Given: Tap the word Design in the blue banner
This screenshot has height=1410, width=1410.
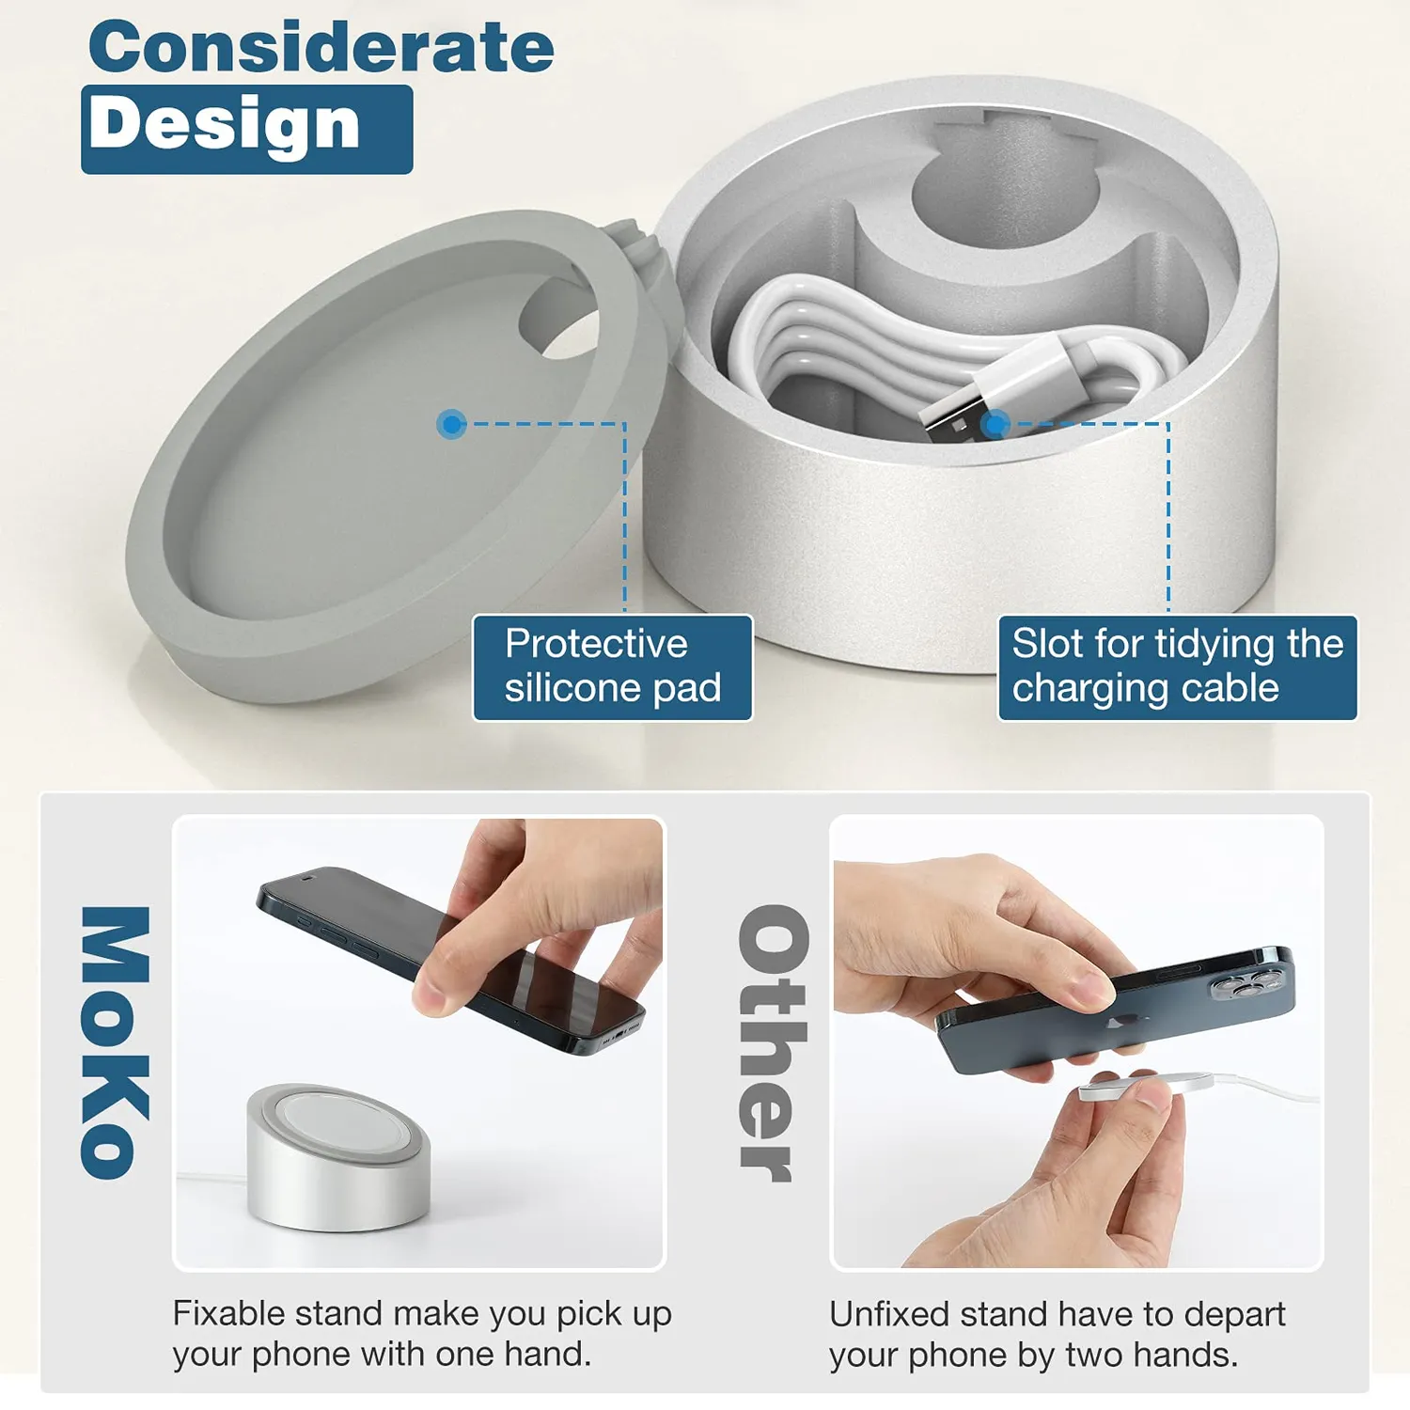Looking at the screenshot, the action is (226, 125).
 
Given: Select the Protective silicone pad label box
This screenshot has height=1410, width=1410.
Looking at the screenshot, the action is (612, 667).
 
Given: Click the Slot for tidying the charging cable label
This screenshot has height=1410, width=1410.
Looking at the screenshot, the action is (1177, 667).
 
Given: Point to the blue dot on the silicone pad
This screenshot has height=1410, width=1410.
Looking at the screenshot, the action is (452, 425).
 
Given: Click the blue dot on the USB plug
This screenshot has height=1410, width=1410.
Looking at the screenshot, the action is (995, 425).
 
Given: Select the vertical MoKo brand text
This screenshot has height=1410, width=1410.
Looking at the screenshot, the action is (115, 1042).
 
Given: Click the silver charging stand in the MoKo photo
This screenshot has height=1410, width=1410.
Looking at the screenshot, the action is (339, 1157).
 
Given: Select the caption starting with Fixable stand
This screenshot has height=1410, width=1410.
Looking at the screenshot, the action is (422, 1333).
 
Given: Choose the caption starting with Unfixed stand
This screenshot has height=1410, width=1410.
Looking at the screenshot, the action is (1057, 1333).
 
